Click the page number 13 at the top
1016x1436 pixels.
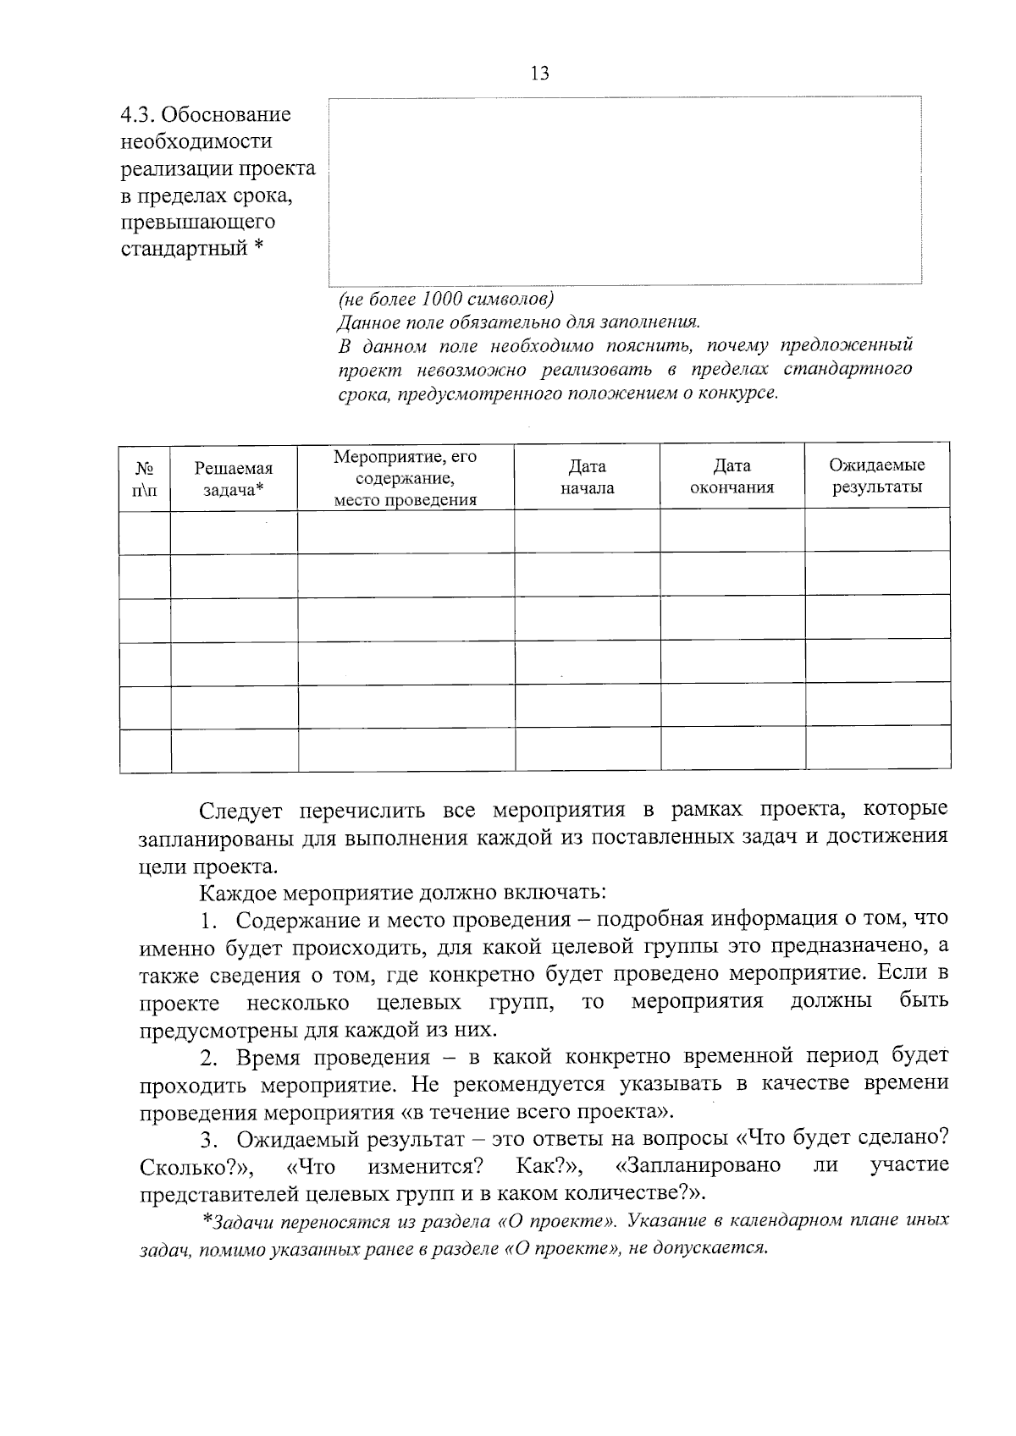[539, 74]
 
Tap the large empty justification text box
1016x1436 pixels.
[625, 190]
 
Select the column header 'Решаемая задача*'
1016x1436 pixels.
[234, 478]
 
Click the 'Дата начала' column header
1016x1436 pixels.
[587, 477]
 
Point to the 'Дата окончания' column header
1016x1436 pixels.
[732, 477]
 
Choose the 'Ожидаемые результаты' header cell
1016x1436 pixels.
[876, 476]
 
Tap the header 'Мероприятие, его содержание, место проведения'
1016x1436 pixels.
[405, 478]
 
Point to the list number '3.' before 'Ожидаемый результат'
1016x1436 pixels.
[209, 1140]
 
